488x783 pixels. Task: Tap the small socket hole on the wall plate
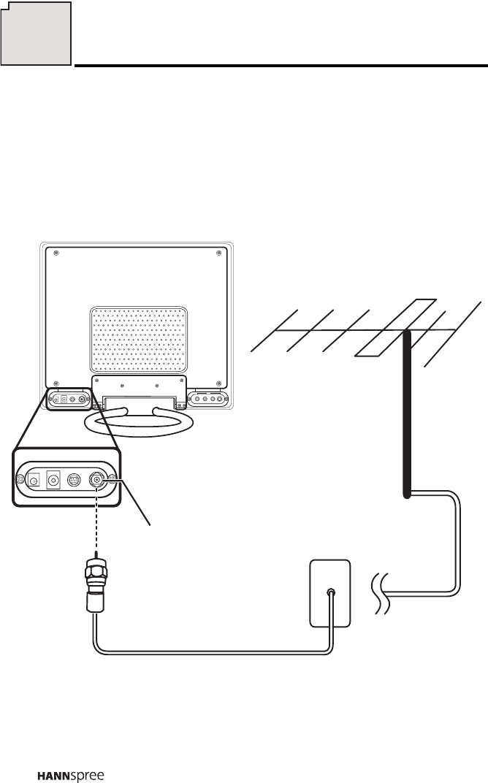pos(331,593)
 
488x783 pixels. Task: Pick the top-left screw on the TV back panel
pos(57,253)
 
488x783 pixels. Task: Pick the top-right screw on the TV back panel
pos(219,253)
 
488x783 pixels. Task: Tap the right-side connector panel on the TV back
pos(207,400)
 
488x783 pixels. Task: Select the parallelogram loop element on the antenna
pos(394,327)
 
